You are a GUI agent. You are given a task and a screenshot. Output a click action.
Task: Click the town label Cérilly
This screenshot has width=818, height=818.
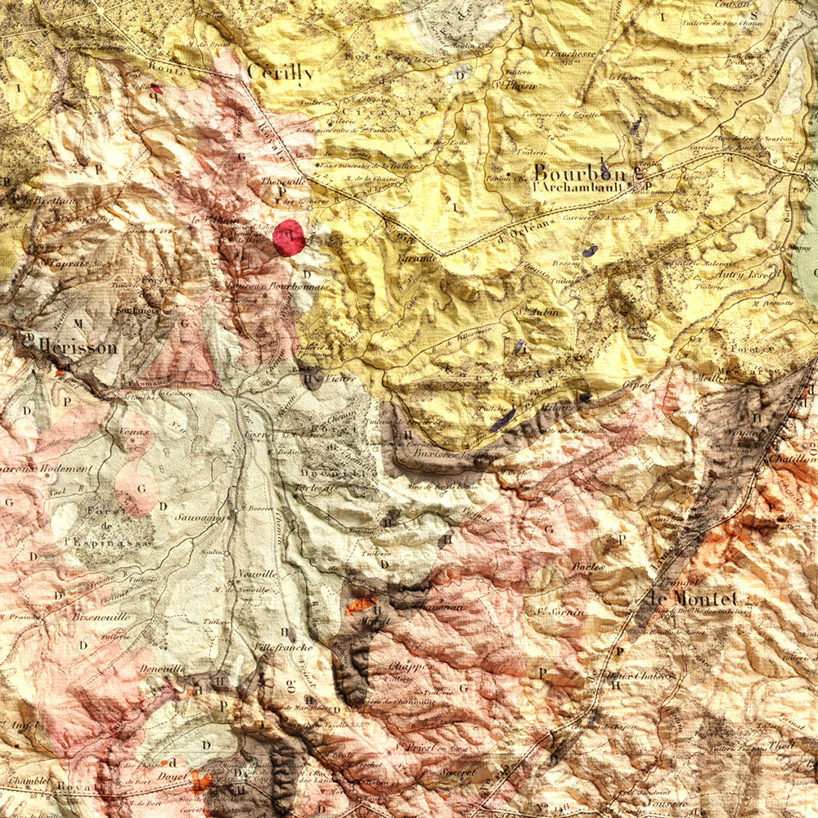tap(280, 73)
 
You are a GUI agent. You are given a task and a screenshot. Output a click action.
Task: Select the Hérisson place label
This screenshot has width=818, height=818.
tap(77, 347)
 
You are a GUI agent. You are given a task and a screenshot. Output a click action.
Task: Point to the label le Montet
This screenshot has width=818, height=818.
tap(693, 598)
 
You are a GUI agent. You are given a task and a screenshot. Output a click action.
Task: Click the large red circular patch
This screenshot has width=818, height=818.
tap(289, 237)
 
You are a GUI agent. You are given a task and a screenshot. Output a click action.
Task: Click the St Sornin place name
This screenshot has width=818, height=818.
tap(560, 611)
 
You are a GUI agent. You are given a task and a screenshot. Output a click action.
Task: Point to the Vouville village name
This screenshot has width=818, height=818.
tap(258, 575)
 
